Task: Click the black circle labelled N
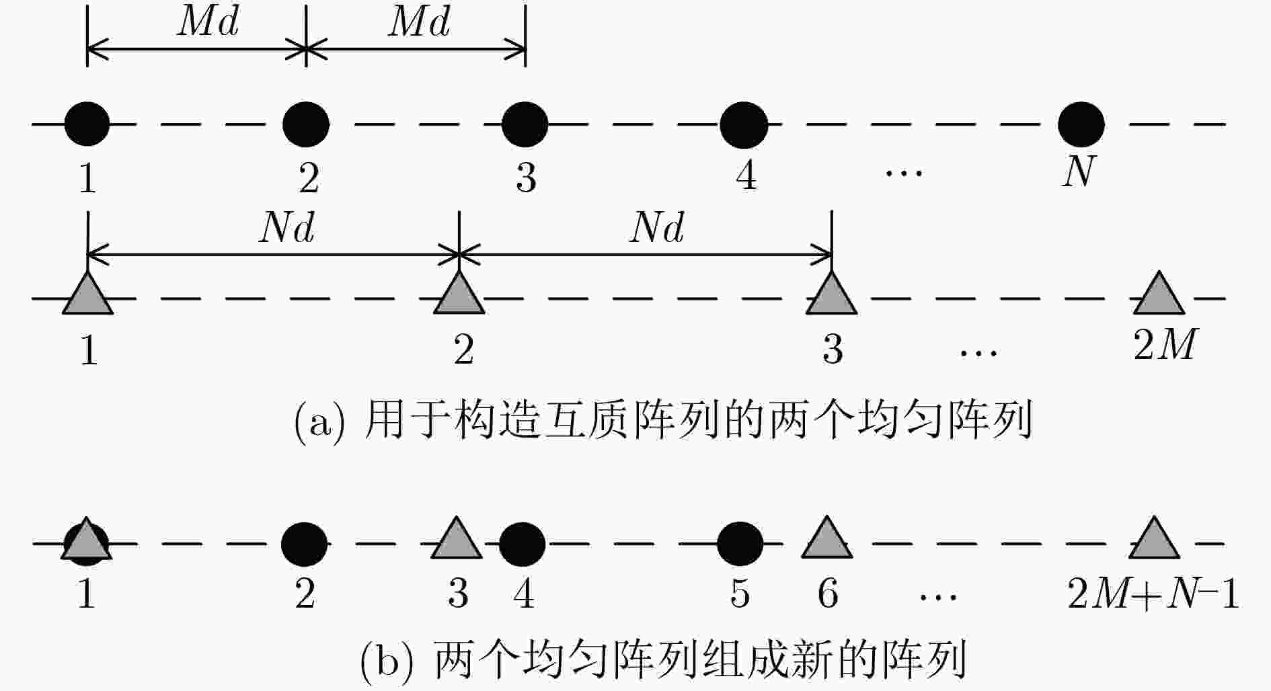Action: pos(1081,124)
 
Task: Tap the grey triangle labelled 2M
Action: pos(1159,294)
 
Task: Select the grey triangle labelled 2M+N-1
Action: pos(1154,538)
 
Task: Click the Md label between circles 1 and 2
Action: pos(208,22)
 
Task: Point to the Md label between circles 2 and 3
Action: pos(419,22)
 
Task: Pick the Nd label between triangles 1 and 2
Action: pos(287,229)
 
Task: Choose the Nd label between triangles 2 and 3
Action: pos(657,229)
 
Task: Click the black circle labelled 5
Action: pos(740,543)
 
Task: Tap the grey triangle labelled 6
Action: pos(827,538)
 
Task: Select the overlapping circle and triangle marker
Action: pos(86,540)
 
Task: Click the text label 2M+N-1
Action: pos(1153,594)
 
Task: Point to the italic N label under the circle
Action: pos(1079,171)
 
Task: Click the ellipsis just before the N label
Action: pos(904,173)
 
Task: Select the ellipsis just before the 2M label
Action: pos(978,352)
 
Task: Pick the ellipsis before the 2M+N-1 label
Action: pos(938,596)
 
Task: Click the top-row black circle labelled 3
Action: pos(525,124)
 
